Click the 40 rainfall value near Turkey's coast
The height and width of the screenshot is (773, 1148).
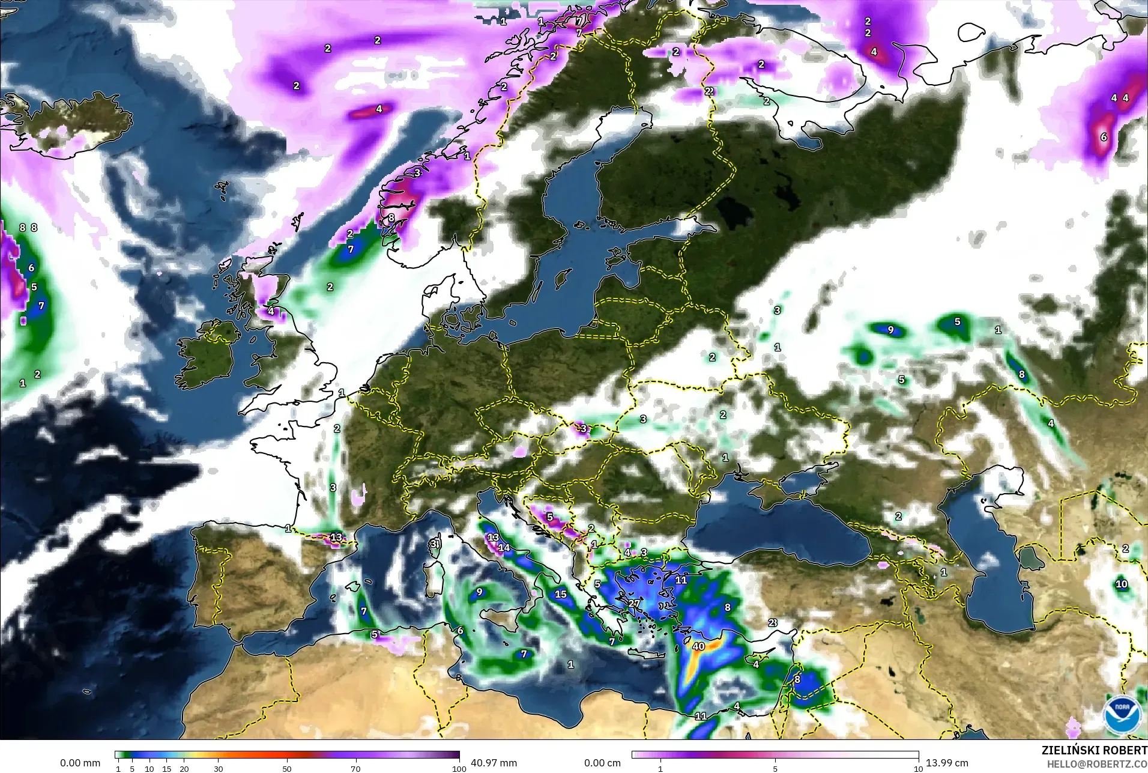(x=698, y=646)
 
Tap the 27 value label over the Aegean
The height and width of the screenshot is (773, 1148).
(x=634, y=603)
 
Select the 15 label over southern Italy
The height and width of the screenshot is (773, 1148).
(x=560, y=594)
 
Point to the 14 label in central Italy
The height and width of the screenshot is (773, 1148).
(x=504, y=547)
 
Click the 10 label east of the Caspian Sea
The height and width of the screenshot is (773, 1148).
(x=1121, y=584)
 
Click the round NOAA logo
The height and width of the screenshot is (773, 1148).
(x=1122, y=714)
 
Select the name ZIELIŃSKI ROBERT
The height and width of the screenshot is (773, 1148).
(x=1094, y=751)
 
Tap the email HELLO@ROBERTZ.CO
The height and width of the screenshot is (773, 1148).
(x=1097, y=764)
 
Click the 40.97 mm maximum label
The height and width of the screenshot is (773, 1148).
(x=494, y=763)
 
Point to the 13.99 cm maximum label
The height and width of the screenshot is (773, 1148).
(x=947, y=763)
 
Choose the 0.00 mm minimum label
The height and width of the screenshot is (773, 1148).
(x=80, y=763)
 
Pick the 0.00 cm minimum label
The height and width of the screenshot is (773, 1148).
(x=602, y=763)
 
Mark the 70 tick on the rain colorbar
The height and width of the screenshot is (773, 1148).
(x=356, y=768)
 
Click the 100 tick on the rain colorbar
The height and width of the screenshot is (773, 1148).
(x=459, y=768)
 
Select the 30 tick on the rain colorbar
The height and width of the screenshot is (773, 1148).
(x=219, y=768)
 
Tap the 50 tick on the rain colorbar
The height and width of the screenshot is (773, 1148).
(x=287, y=768)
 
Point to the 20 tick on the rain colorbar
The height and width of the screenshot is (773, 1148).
(x=184, y=768)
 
